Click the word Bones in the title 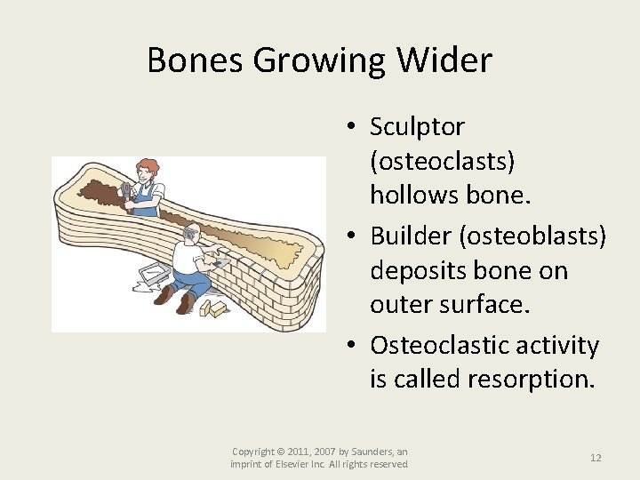pos(196,60)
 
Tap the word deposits pos(417,271)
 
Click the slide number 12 pos(596,457)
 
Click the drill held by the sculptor pos(127,191)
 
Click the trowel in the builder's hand pos(220,262)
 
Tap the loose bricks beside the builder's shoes pos(213,308)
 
